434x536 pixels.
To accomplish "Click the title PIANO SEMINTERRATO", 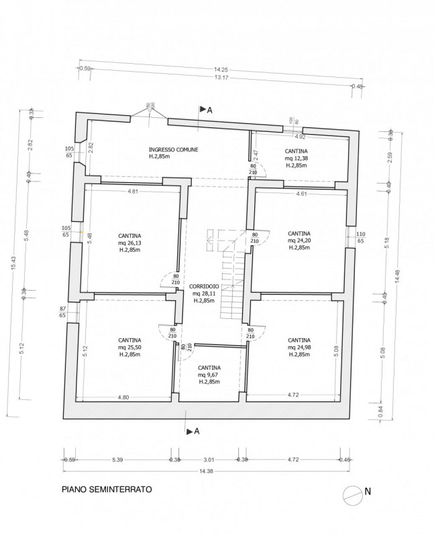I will (x=107, y=490).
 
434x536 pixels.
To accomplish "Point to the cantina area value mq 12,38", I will (x=296, y=158).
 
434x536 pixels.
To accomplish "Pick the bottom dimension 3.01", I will (x=209, y=460).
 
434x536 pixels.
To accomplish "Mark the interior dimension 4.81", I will (x=133, y=192).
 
